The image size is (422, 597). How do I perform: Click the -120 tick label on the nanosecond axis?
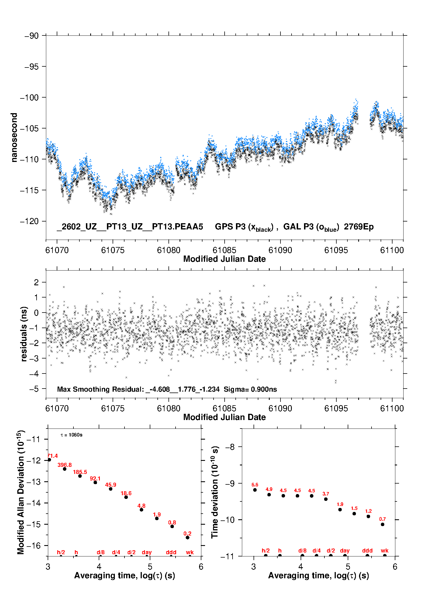29,221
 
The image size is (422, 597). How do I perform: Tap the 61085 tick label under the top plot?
224,250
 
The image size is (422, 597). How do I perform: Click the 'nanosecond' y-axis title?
14,138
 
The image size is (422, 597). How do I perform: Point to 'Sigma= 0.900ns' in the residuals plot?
250,389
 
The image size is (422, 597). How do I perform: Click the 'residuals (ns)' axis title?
24,334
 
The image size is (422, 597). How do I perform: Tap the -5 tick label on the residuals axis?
34,389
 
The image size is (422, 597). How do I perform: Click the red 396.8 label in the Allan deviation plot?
65,465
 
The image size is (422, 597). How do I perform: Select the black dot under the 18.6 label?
126,497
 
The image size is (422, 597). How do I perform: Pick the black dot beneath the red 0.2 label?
187,537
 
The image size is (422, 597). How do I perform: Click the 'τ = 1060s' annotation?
71,435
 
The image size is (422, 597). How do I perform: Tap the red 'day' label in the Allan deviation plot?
147,552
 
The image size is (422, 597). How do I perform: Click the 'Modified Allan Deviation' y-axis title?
21,492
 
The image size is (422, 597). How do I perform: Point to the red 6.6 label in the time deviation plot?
255,485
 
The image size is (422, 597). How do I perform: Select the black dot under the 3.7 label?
326,499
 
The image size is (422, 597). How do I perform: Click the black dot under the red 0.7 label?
383,524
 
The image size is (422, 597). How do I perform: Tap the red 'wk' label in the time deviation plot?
385,550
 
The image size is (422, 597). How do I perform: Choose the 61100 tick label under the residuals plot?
392,408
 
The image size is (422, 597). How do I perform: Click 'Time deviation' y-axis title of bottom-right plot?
215,492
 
